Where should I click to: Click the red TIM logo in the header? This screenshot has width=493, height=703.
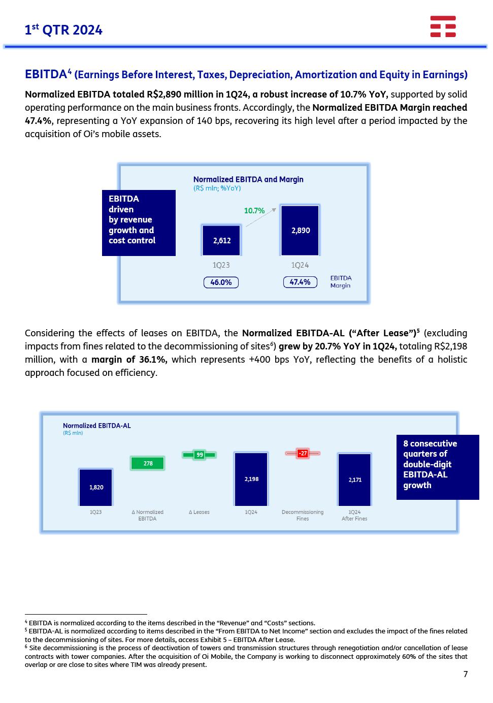443,26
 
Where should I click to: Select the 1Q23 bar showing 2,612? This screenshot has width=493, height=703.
221,240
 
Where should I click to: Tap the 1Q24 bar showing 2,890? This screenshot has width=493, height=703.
300,230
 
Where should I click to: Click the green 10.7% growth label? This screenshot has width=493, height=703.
254,211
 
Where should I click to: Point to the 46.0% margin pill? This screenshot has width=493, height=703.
221,282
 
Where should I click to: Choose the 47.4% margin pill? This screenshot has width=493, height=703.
300,282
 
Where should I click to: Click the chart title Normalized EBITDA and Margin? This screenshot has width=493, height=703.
248,179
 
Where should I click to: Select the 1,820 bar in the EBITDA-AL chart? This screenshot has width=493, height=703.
96,487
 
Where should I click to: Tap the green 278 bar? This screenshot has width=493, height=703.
148,463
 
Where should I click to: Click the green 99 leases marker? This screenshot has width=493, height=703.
200,455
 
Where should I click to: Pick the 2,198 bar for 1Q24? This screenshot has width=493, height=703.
251,479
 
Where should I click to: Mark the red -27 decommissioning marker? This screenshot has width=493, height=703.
303,453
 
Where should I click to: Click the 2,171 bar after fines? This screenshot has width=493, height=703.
355,480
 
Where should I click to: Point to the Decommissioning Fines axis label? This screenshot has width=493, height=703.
303,515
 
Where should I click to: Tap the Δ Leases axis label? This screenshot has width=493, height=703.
199,512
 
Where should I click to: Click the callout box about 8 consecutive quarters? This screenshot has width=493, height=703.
437,467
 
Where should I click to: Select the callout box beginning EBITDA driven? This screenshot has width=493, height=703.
139,222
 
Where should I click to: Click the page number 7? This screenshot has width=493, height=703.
466,674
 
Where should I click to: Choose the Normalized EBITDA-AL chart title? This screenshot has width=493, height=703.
97,426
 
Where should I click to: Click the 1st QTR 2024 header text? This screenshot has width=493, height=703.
63,30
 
